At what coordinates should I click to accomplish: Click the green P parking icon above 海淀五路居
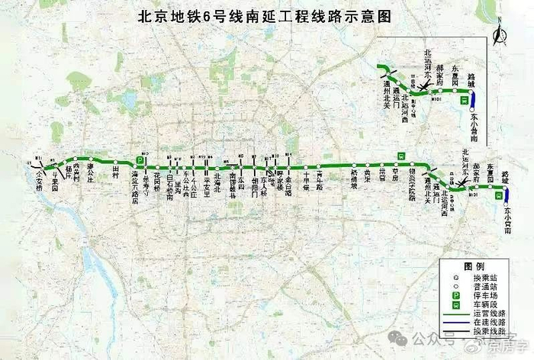pyautogui.click(x=140, y=161)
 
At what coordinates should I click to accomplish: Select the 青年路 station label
pyautogui.click(x=319, y=182)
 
